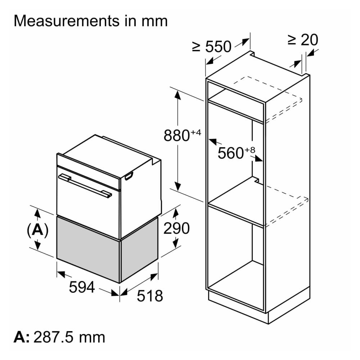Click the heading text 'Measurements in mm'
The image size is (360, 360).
click(x=90, y=21)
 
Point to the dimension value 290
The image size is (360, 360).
click(x=176, y=228)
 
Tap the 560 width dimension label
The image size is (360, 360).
click(x=231, y=153)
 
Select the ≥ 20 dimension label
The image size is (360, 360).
click(x=303, y=40)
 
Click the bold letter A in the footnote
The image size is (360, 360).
click(x=20, y=337)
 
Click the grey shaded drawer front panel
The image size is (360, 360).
click(x=88, y=248)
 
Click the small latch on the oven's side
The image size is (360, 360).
click(x=129, y=176)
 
